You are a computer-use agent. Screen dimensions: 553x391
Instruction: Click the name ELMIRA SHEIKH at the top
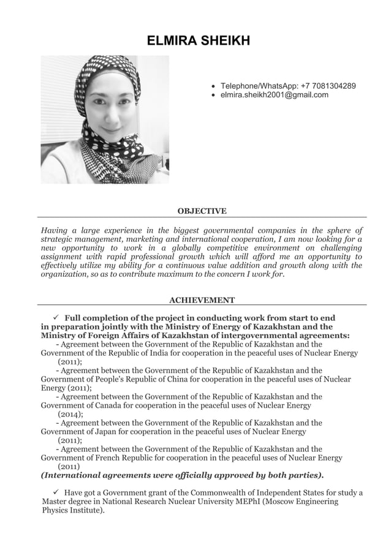[x=198, y=41]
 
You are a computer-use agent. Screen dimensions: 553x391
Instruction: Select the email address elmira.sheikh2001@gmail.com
[x=274, y=95]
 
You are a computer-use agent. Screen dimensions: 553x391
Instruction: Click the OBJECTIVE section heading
[x=202, y=211]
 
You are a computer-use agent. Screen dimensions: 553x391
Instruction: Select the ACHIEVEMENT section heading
[x=202, y=300]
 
